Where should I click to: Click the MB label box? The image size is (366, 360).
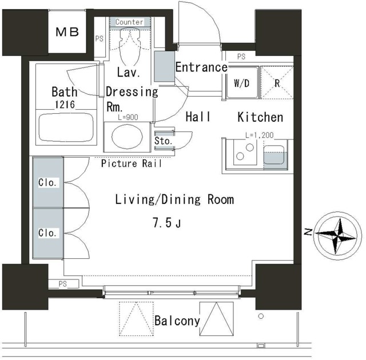coord(67,32)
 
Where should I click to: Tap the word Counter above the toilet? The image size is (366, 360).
coord(129,22)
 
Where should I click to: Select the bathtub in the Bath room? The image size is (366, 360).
coord(66,127)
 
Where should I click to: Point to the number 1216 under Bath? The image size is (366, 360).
coord(65,105)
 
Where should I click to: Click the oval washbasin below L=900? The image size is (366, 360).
coord(127,137)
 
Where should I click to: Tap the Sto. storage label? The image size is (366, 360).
coord(164,141)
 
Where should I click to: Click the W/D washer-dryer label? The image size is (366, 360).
coord(241,83)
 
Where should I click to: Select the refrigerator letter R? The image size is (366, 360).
coord(277,83)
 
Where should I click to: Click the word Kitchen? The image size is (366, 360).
coord(260,117)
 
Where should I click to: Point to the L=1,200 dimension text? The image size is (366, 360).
coord(259,135)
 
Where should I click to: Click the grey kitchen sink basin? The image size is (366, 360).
coord(274,155)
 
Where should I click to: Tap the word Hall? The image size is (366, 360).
coord(198,117)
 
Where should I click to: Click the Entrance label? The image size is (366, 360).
coord(201,67)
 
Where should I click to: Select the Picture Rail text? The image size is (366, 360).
coord(132,163)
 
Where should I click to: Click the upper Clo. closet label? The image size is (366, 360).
coord(47,182)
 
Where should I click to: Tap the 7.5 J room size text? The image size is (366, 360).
coord(167,223)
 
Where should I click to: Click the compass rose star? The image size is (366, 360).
coord(336,236)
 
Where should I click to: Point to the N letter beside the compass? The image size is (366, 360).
coord(308,232)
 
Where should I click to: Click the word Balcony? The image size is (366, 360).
coord(177,321)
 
